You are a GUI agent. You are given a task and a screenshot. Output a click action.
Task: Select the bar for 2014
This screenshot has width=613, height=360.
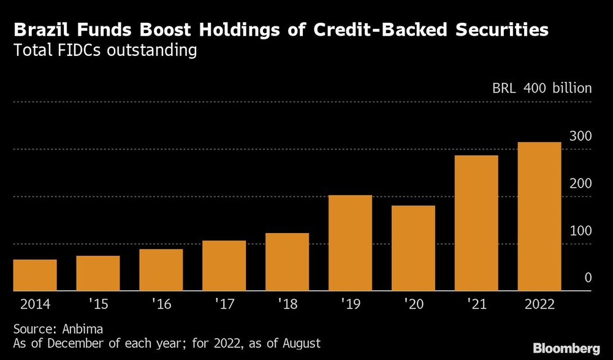click(35, 275)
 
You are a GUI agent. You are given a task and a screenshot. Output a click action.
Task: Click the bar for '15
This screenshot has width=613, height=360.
click(98, 274)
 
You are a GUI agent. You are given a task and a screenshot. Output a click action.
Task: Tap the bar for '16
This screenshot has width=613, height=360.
click(161, 270)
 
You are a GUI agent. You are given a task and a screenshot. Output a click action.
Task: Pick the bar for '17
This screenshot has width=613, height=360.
click(224, 266)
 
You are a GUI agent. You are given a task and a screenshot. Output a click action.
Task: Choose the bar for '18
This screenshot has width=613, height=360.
click(287, 262)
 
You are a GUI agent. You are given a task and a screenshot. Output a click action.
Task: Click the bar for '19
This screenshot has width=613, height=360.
click(350, 243)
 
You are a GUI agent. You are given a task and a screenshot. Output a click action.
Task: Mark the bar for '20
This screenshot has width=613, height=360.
click(413, 248)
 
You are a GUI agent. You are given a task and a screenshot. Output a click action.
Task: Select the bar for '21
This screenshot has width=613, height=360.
click(476, 223)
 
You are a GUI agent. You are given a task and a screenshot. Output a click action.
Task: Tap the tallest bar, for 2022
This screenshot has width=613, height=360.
click(539, 216)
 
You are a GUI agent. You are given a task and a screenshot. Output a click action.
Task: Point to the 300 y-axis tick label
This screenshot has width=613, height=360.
click(581, 136)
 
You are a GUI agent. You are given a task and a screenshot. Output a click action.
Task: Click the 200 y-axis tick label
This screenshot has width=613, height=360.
click(581, 183)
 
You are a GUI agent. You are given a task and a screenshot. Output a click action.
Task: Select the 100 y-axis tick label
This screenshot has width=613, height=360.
click(581, 231)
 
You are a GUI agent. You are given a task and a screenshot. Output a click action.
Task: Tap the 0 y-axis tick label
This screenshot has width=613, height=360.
click(588, 278)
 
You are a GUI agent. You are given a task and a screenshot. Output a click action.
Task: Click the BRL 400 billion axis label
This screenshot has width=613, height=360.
click(542, 88)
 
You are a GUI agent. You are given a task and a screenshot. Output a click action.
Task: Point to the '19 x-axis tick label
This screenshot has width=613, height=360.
click(350, 304)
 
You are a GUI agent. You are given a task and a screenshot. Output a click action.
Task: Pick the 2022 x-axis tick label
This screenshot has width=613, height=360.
click(539, 304)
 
